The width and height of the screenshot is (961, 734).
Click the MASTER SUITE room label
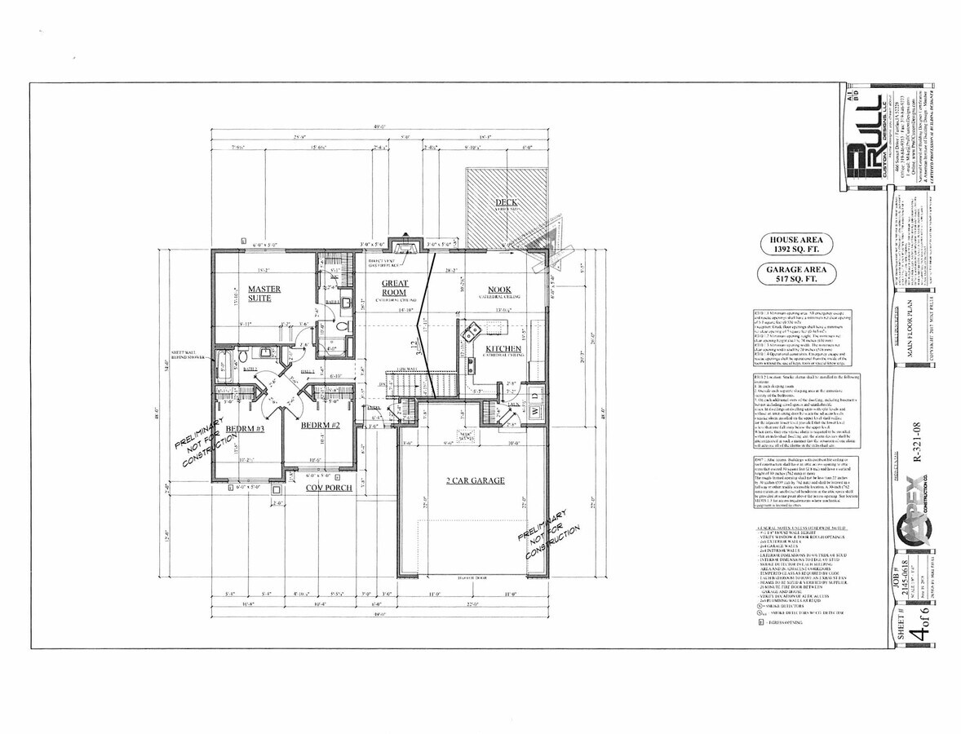click(264, 294)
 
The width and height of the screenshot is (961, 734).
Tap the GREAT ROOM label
click(395, 288)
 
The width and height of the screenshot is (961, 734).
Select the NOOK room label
click(499, 290)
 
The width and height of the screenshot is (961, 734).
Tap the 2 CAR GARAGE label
click(476, 480)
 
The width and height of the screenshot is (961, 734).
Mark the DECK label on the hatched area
click(506, 201)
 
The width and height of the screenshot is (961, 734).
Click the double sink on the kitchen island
click(472, 335)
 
